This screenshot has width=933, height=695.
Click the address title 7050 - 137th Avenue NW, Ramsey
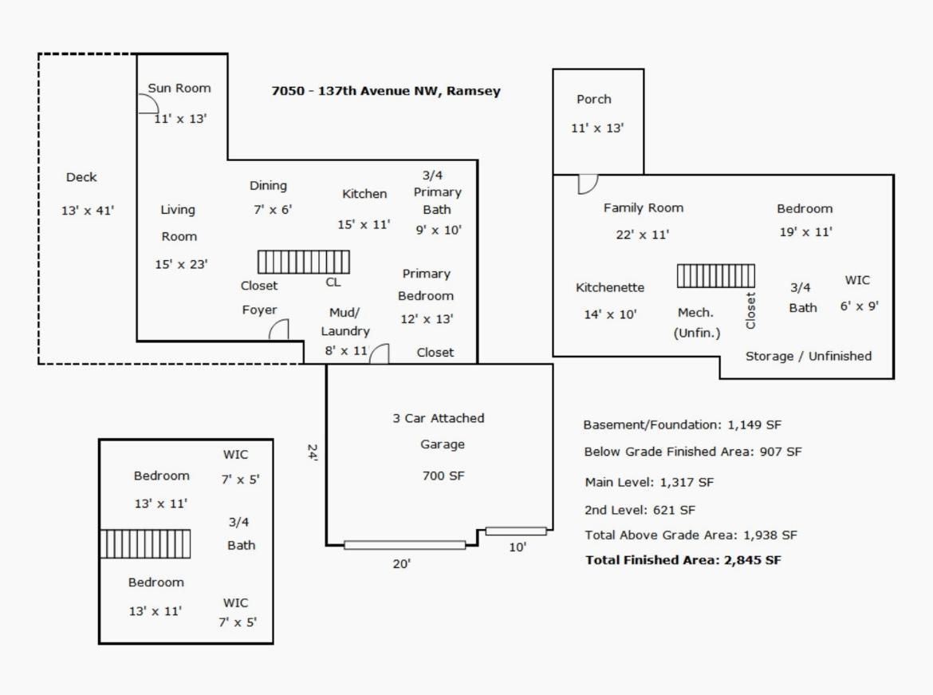(x=386, y=91)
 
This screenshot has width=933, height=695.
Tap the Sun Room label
(x=179, y=88)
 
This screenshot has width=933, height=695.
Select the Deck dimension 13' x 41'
(x=88, y=210)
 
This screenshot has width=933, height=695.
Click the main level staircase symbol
(x=304, y=262)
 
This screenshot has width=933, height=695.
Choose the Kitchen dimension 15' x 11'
(x=364, y=224)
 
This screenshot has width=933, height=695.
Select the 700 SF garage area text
(x=443, y=476)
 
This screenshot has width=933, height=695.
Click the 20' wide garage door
(x=404, y=545)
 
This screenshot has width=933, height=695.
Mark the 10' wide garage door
(x=516, y=531)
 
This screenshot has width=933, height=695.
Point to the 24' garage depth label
(x=313, y=452)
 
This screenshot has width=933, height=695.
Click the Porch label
(x=594, y=100)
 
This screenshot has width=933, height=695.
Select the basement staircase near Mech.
(x=716, y=276)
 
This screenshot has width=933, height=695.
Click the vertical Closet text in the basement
(x=750, y=310)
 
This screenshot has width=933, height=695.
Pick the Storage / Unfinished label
(x=809, y=356)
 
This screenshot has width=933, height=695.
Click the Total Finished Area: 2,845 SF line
(x=683, y=560)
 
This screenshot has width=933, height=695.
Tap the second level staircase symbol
(x=145, y=543)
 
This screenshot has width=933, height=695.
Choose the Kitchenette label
(x=610, y=287)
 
